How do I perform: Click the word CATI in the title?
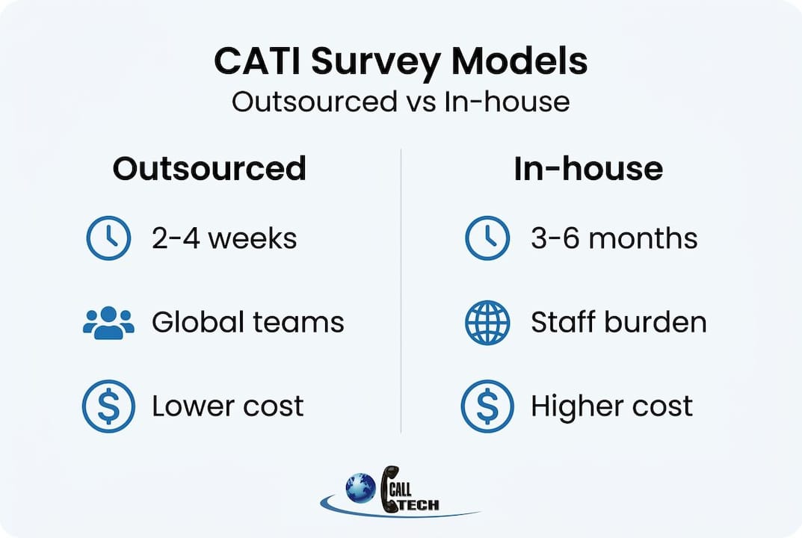259,61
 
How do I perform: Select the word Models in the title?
519,61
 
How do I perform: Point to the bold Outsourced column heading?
209,169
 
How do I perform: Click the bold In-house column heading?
588,169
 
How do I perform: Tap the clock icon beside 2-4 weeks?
108,238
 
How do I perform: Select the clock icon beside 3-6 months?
487,238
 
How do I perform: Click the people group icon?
108,323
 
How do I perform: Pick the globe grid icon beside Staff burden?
487,323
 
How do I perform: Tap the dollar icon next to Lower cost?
108,406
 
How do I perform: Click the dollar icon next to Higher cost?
487,406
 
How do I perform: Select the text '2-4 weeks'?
224,238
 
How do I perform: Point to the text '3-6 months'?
614,238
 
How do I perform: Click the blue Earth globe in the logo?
360,488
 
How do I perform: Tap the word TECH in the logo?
419,505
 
